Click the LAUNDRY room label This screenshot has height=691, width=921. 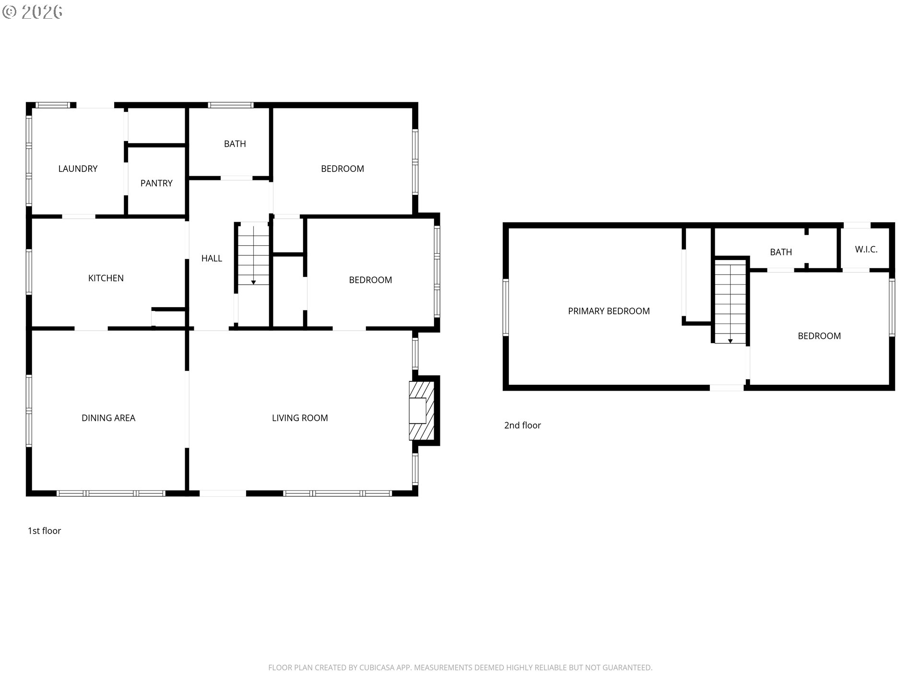[x=78, y=168]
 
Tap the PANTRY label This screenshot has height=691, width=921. [x=156, y=183]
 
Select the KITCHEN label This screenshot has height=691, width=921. [x=106, y=278]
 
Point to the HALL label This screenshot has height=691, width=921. [x=212, y=258]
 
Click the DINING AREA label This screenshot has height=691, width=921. [x=108, y=418]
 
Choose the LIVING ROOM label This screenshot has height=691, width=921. [x=300, y=418]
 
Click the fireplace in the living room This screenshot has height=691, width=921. [x=422, y=410]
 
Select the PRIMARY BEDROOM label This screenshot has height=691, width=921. [x=609, y=311]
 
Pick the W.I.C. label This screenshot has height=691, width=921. [x=866, y=249]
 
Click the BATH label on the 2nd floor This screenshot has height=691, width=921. [x=781, y=252]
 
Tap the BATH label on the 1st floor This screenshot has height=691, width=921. [x=235, y=143]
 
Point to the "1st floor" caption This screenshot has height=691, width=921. [x=44, y=531]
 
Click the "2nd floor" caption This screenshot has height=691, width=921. [x=522, y=425]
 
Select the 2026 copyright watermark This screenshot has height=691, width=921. [x=33, y=12]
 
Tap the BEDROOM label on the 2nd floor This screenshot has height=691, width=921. [x=819, y=336]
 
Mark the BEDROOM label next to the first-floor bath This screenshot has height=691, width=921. [x=342, y=168]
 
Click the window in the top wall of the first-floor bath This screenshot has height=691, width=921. [x=230, y=105]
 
